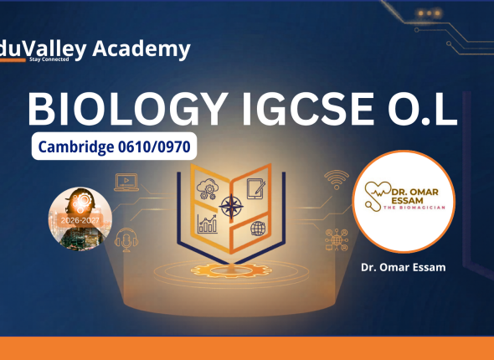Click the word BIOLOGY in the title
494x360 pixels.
(128, 109)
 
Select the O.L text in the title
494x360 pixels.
(423, 109)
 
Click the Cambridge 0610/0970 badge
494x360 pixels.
(114, 147)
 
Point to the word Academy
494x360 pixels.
(142, 49)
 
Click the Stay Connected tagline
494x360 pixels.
(49, 59)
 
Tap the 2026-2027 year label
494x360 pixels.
(80, 220)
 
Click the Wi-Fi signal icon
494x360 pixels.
(337, 180)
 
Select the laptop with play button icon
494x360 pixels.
(126, 182)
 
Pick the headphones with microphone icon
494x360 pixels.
(126, 239)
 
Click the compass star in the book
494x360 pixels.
(231, 207)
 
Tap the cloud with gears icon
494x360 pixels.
(208, 188)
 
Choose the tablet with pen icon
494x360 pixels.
(256, 188)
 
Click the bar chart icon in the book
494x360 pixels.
(207, 224)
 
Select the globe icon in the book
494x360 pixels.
(258, 229)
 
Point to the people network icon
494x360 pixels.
(337, 239)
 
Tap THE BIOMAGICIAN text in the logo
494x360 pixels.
(414, 208)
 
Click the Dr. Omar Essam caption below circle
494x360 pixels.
(404, 267)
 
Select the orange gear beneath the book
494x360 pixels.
(231, 270)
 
